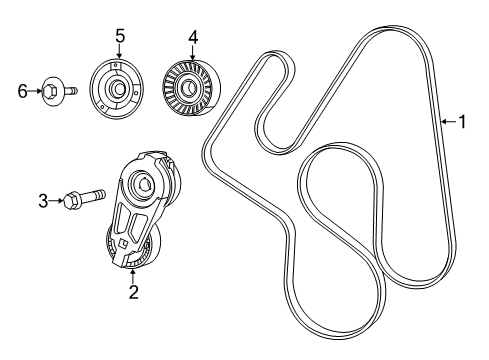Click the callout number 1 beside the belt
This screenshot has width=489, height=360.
pyautogui.click(x=462, y=122)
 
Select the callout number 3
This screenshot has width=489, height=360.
pyautogui.click(x=43, y=201)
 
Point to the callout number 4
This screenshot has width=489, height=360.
pyautogui.click(x=192, y=38)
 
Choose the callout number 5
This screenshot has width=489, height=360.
pyautogui.click(x=119, y=37)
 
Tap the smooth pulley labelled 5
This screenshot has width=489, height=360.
pyautogui.click(x=118, y=88)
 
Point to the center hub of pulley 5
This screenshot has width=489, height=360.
pyautogui.click(x=118, y=88)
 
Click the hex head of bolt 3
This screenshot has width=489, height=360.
pyautogui.click(x=70, y=203)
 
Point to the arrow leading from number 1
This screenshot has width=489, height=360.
pyautogui.click(x=448, y=122)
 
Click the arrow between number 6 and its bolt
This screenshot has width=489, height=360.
pyautogui.click(x=36, y=92)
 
